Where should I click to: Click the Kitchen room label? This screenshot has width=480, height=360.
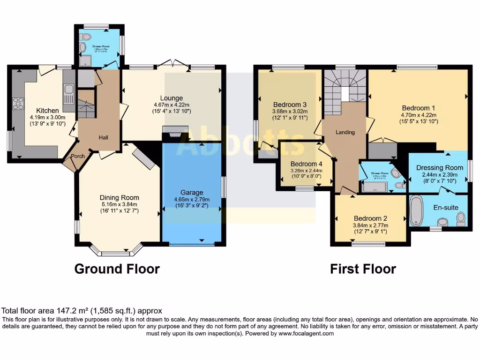point(48,111)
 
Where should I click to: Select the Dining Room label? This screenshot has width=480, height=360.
point(120,197)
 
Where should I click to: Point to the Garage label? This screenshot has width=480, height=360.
point(192,192)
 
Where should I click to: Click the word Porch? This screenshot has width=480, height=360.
point(78,157)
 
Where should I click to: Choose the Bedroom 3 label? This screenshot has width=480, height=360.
point(291,105)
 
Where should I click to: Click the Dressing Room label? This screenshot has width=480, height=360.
point(440,167)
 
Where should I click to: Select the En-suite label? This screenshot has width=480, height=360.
point(445,207)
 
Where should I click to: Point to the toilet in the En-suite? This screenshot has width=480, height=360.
point(460,217)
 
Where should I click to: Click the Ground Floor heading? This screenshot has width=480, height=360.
point(117,269)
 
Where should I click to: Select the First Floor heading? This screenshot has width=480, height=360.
point(363,269)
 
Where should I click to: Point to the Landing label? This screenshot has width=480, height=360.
point(345,132)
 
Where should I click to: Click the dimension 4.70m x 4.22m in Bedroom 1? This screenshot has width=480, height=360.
point(419,115)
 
